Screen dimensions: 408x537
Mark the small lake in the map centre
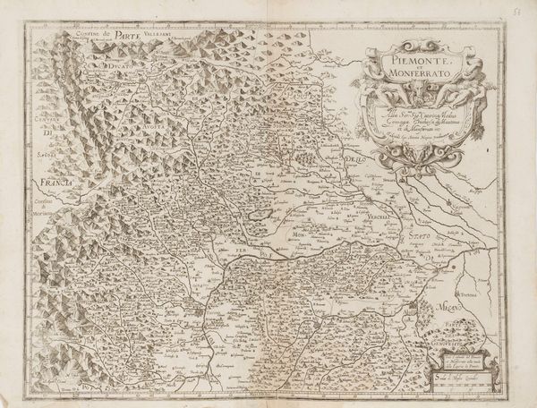coord(260,215)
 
